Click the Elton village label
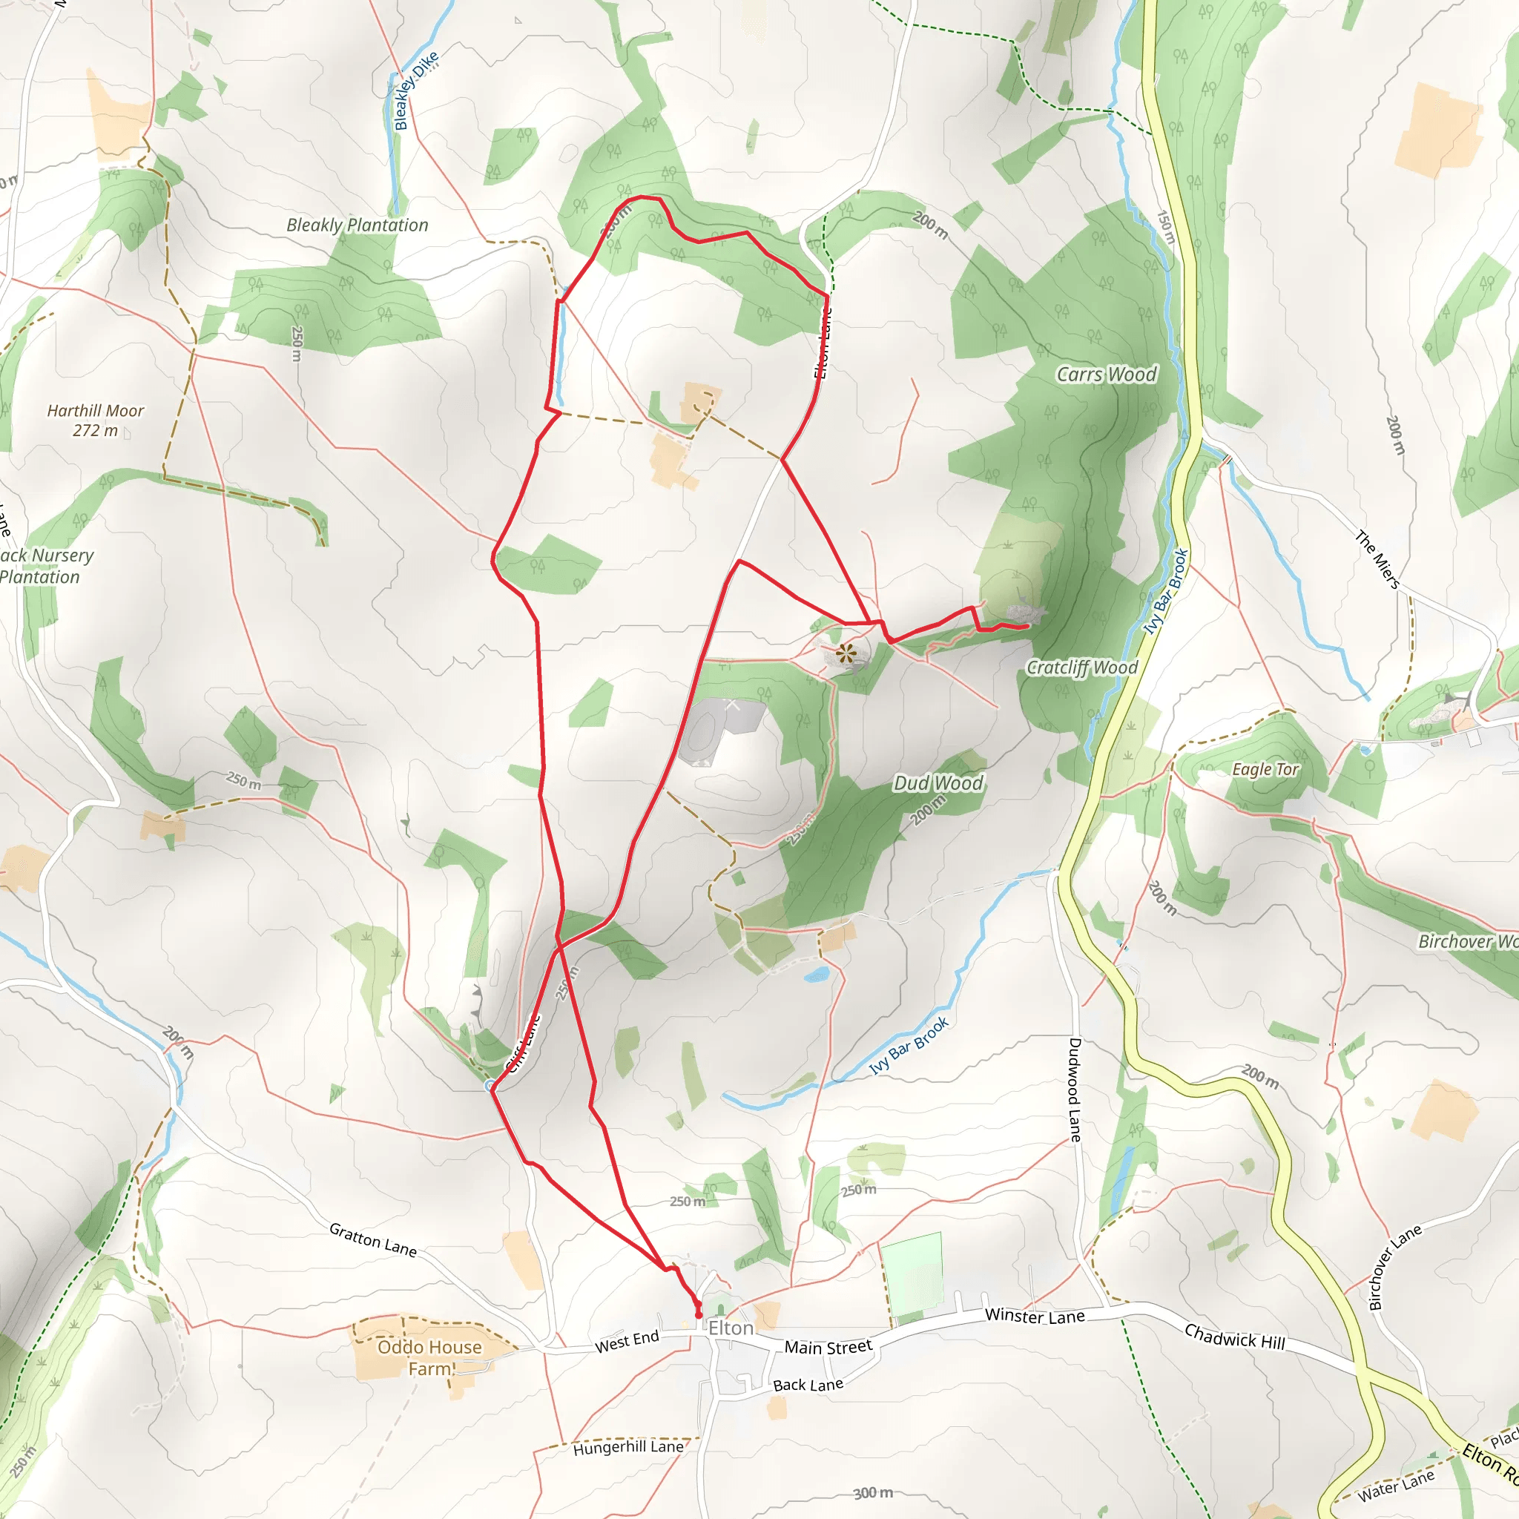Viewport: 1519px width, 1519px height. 731,1328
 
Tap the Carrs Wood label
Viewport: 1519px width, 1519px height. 1106,375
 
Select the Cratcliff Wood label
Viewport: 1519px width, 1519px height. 1082,668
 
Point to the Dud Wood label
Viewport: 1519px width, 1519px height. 938,783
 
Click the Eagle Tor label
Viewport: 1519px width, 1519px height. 1265,770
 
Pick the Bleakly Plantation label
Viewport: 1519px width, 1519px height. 357,225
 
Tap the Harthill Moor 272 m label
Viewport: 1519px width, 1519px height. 95,421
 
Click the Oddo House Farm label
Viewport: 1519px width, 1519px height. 429,1358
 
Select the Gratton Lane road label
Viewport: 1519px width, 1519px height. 372,1240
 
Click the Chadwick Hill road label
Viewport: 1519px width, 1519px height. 1234,1337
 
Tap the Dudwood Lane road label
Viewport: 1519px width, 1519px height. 1075,1090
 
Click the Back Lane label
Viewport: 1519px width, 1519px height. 808,1385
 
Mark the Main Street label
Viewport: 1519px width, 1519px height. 828,1348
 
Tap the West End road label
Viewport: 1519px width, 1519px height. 627,1341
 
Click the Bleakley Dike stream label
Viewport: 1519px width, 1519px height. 416,90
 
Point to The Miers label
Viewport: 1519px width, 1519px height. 1377,559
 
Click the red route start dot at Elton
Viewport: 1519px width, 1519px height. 698,1314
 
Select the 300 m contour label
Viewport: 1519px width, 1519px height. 874,1492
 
